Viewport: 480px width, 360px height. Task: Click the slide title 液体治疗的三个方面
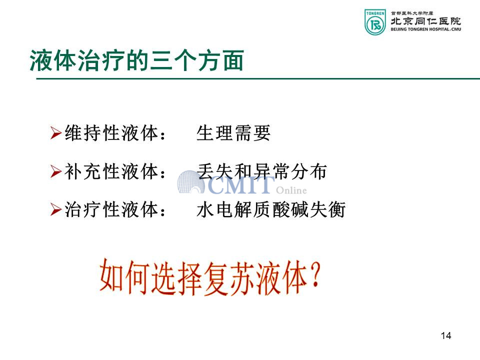136,60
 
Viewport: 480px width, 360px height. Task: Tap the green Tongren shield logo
375,22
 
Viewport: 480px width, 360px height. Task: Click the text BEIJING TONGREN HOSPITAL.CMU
426,29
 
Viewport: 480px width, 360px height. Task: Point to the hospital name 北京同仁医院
426,21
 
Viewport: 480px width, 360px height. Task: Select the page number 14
446,336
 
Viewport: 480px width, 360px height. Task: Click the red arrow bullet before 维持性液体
56,133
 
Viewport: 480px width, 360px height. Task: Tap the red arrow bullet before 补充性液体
56,171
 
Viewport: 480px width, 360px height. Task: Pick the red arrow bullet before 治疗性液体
56,209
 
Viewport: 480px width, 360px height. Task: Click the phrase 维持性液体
111,133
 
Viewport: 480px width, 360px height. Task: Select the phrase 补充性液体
111,171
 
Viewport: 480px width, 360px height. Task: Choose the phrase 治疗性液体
111,210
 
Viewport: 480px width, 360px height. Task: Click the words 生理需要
233,133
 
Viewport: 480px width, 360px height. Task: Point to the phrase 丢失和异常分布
261,171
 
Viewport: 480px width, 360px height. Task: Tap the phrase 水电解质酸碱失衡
271,210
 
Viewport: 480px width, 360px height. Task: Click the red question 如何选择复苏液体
203,277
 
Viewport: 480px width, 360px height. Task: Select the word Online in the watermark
291,190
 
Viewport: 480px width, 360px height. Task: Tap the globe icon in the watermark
190,182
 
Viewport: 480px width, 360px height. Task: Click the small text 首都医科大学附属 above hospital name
411,13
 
